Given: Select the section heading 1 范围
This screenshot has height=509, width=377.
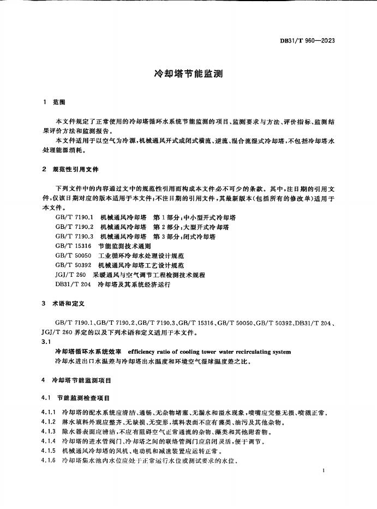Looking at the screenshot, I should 54,102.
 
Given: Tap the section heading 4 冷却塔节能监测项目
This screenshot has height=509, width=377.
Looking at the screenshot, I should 76,379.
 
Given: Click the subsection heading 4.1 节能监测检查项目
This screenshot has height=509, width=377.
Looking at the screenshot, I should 76,398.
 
